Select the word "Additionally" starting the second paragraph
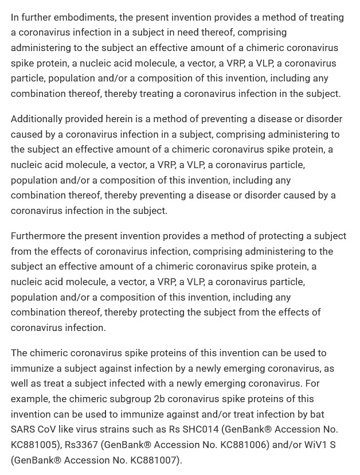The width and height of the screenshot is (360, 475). click(x=37, y=119)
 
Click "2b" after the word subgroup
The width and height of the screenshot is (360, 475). click(x=159, y=399)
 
